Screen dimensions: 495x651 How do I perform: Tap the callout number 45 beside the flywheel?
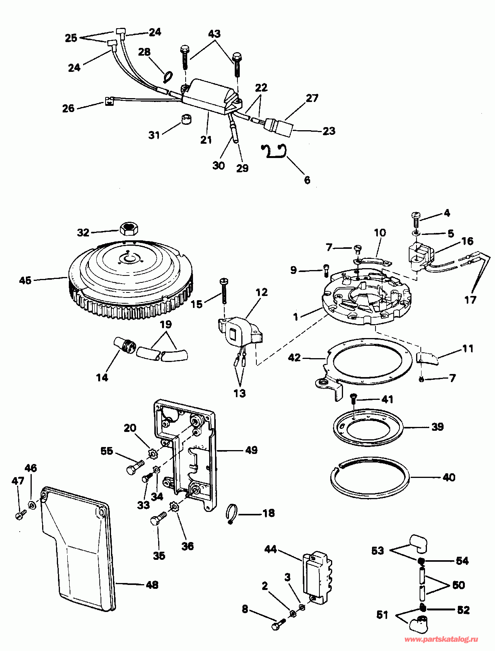click(x=25, y=280)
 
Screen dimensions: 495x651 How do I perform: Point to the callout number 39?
click(x=437, y=427)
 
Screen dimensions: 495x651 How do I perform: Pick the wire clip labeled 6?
click(x=274, y=151)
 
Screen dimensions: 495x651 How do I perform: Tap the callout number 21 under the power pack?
click(x=206, y=139)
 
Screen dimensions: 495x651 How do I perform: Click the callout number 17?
click(x=470, y=299)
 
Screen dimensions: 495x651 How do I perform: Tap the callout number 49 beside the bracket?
click(x=251, y=450)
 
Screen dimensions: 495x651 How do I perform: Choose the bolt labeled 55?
click(x=135, y=466)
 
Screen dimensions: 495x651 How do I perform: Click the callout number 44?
click(x=271, y=549)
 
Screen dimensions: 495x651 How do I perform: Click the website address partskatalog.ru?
click(x=441, y=639)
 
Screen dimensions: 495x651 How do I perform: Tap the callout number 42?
click(x=294, y=357)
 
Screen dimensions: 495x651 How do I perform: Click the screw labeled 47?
click(x=20, y=515)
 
